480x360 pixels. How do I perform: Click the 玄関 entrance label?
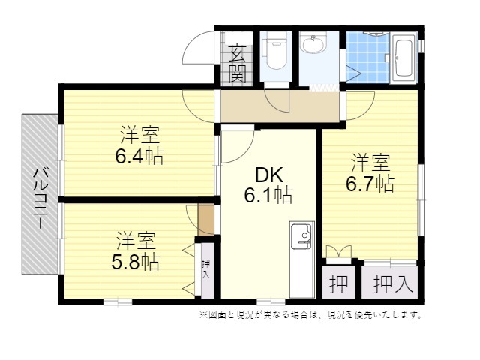238,64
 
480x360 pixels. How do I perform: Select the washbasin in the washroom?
313,44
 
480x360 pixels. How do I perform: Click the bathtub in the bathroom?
403,58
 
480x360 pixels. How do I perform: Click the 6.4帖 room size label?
139,156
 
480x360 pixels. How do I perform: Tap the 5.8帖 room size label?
135,262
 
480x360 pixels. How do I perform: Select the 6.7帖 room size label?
370,184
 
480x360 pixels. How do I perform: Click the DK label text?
268,175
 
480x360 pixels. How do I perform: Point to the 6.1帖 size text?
268,195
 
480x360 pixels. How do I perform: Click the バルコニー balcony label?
40,198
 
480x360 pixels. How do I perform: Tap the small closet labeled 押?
338,282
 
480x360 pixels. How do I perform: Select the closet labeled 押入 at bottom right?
390,282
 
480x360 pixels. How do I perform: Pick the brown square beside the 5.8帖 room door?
206,220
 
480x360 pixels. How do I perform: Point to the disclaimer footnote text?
310,315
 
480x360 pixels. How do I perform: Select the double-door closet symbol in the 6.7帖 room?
339,252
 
